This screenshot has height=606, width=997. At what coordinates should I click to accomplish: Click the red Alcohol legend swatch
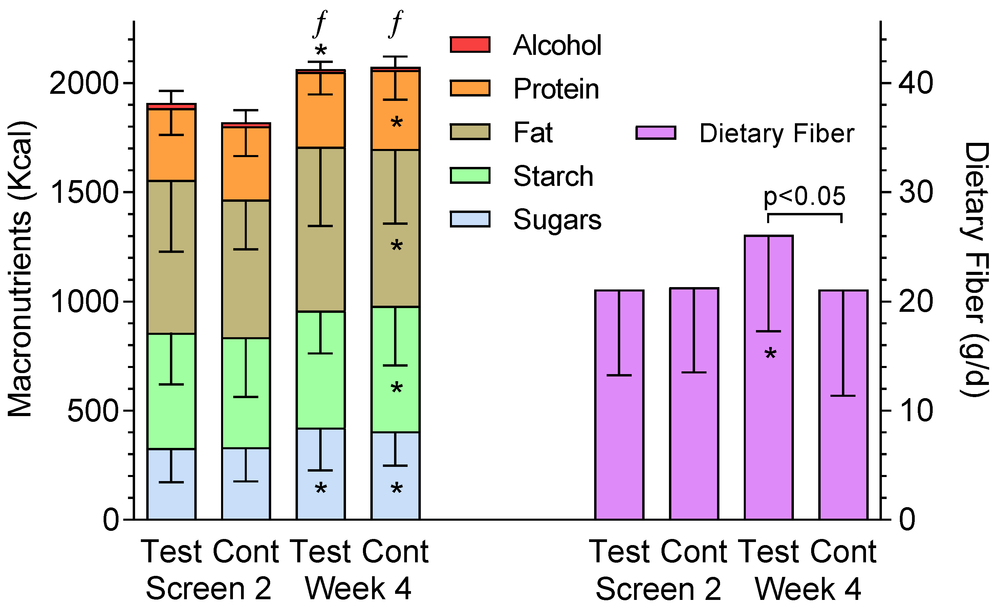point(470,44)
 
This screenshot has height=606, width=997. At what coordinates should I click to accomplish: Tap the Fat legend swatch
point(470,132)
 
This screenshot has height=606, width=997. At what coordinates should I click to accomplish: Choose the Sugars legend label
point(557,220)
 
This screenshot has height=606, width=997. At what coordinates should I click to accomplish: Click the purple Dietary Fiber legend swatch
point(655,133)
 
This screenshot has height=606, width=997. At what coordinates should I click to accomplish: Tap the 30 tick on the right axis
point(915,192)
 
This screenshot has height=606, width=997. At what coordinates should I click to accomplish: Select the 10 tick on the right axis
point(915,411)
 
